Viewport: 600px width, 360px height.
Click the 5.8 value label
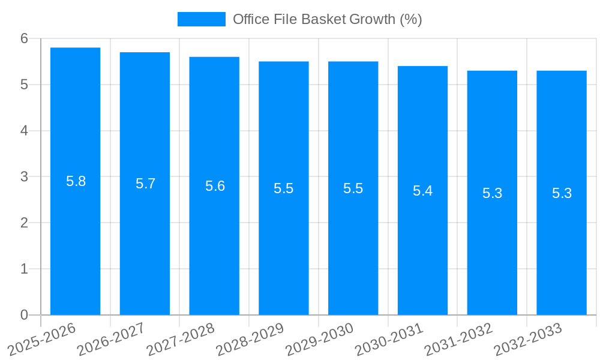click(76, 181)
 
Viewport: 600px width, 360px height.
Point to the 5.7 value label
click(145, 184)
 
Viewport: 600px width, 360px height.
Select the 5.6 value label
click(215, 186)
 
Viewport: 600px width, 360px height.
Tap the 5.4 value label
click(422, 191)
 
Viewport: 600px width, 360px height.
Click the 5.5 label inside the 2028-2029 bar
click(284, 188)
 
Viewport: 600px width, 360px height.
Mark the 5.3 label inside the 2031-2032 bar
click(492, 193)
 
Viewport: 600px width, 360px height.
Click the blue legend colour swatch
click(202, 19)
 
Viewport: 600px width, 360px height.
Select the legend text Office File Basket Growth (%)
click(328, 19)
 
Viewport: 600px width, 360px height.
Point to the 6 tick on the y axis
click(25, 38)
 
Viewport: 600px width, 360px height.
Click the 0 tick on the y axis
click(25, 315)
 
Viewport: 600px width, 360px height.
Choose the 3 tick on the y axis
click(25, 177)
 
